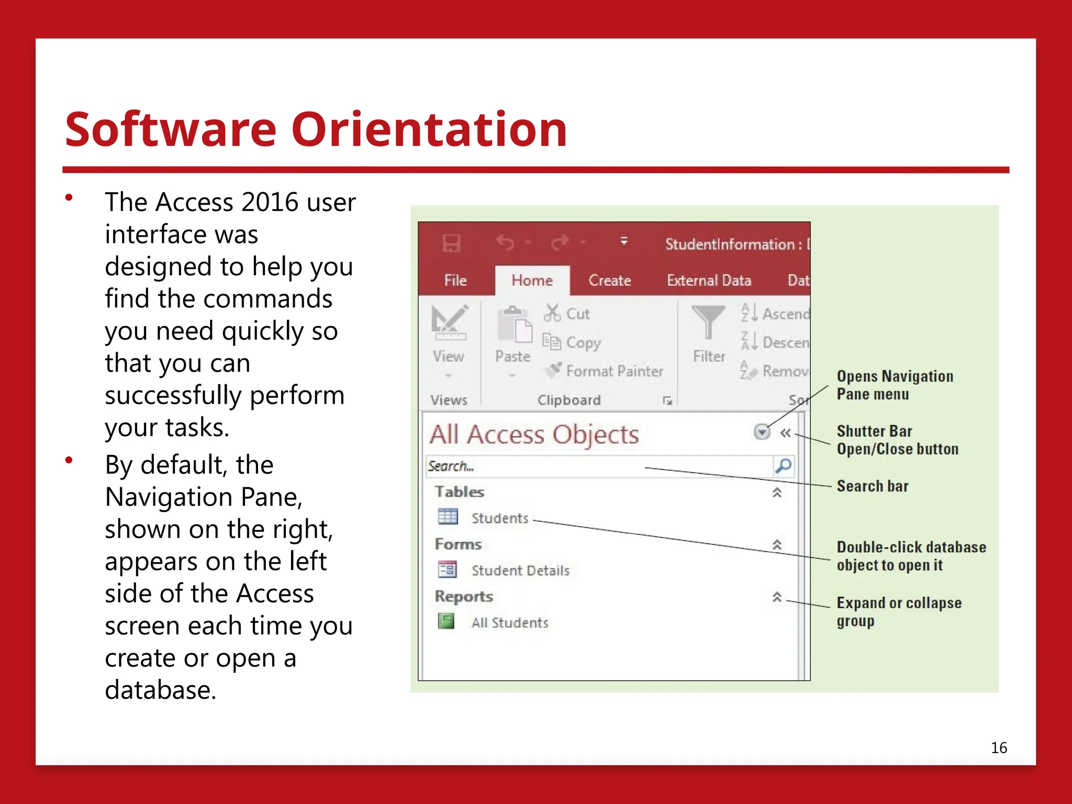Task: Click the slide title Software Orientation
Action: coord(316,129)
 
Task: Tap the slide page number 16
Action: coord(998,747)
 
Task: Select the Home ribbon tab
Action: coord(532,281)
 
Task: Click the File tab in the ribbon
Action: coord(455,281)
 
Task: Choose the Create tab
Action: coord(609,281)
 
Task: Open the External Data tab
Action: coord(709,281)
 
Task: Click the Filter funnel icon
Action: coord(708,322)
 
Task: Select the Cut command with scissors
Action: coord(567,314)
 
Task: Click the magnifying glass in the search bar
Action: coord(783,465)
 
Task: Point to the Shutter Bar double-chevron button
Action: coord(785,433)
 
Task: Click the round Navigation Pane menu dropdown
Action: coord(762,432)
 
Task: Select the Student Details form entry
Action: coord(520,570)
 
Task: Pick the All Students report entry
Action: coord(509,622)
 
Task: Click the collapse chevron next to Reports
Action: coord(777,597)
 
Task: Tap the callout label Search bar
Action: coord(872,486)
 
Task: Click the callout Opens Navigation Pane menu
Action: coord(894,385)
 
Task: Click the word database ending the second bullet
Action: coord(160,690)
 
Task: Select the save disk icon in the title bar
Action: coord(451,243)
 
